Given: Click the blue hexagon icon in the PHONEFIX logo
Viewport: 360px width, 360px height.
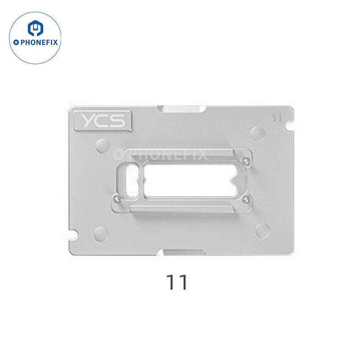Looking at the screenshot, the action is click(x=36, y=28).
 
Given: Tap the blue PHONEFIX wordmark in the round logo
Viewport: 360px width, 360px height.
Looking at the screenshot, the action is click(x=39, y=42).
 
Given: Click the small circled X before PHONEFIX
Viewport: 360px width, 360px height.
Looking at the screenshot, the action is click(x=16, y=42).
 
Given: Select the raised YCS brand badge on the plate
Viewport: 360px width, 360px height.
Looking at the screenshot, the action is click(x=103, y=121).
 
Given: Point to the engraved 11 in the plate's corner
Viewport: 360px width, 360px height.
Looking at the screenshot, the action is click(x=276, y=117).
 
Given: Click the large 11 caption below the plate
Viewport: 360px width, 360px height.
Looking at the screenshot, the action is click(x=177, y=282).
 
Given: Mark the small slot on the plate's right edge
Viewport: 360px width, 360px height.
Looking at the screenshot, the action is click(x=289, y=126).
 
